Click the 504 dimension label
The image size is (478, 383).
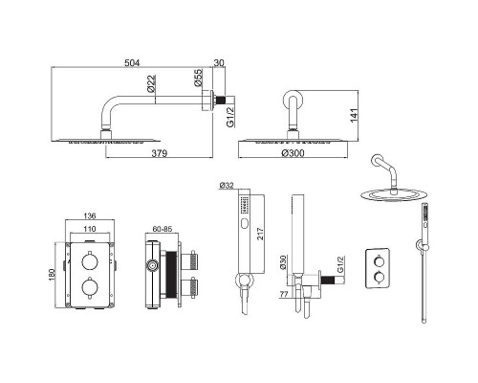132,63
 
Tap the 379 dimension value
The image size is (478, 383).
159,153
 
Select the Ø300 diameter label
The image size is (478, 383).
293,153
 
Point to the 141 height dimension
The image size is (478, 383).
355,115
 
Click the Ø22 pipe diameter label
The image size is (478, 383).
152,83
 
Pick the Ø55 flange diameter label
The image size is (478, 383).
198,78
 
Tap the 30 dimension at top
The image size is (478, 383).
219,63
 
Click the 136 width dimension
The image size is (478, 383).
90,216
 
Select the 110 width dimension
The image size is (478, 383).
90,229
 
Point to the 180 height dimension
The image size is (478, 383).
52,275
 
